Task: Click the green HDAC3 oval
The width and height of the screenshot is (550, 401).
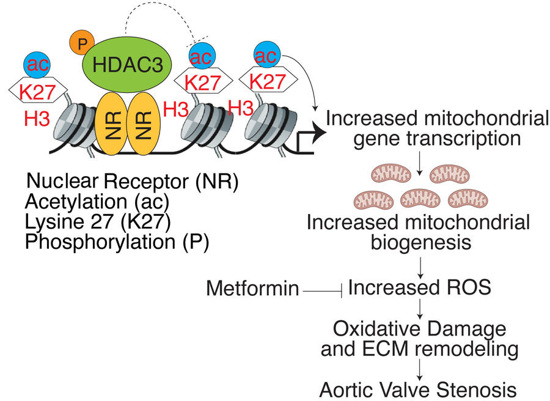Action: pyautogui.click(x=128, y=65)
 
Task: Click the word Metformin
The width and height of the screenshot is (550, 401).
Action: pyautogui.click(x=252, y=287)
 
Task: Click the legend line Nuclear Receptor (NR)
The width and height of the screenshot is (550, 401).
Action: pyautogui.click(x=132, y=182)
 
